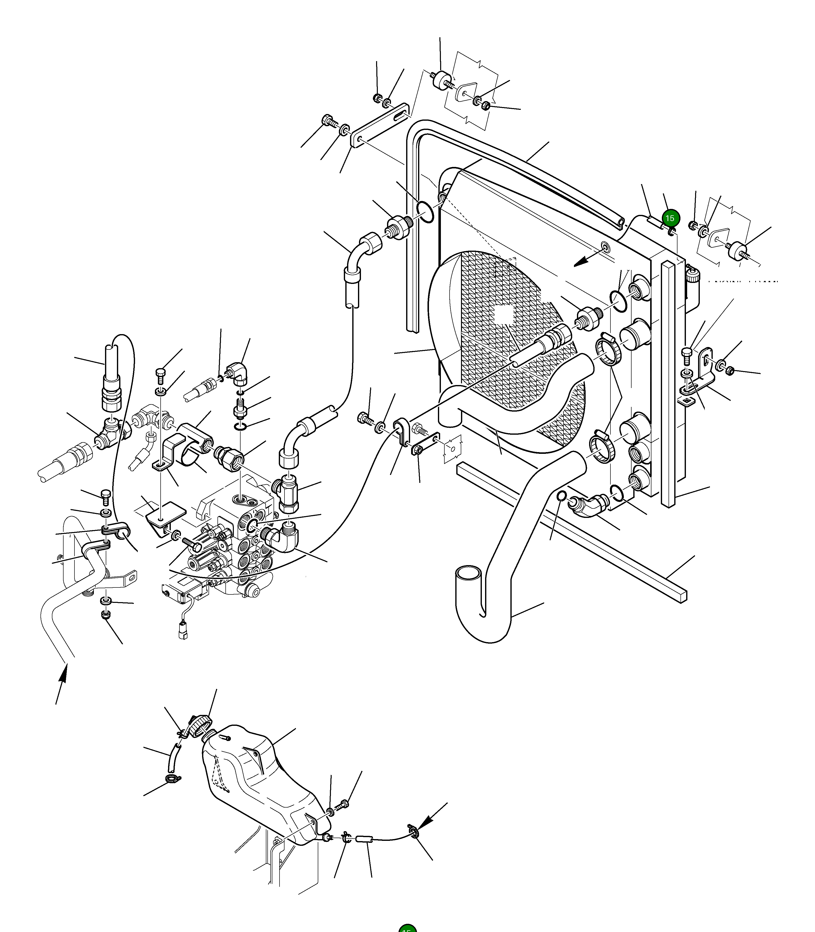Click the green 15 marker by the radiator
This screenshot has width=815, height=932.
pyautogui.click(x=670, y=218)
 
